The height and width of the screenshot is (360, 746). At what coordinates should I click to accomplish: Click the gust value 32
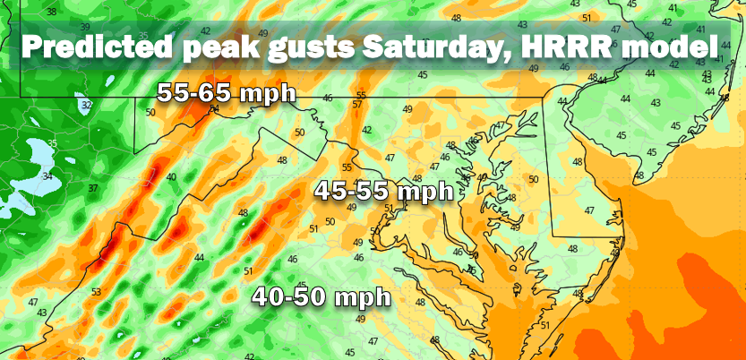tap(86, 105)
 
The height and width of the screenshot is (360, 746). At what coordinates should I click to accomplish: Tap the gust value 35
tap(52, 143)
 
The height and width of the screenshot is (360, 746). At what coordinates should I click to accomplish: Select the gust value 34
tap(47, 176)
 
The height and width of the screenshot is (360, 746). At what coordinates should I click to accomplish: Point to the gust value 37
tap(92, 188)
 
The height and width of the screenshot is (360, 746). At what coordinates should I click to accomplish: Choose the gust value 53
tap(95, 291)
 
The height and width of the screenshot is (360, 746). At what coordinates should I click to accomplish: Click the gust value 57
tap(356, 104)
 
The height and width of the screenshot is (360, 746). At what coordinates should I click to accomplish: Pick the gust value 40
tap(170, 177)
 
